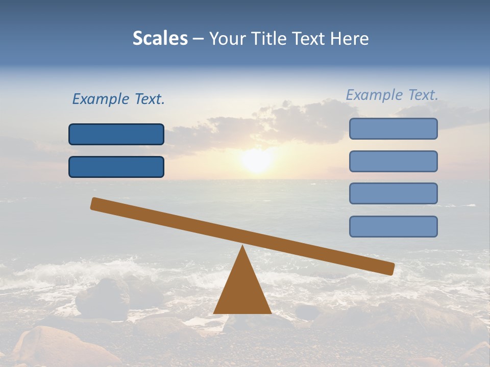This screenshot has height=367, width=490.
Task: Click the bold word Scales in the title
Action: tap(160, 38)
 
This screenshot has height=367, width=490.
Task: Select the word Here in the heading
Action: tap(350, 38)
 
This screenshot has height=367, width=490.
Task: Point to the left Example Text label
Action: tap(118, 99)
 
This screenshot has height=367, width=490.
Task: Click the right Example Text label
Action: tap(392, 95)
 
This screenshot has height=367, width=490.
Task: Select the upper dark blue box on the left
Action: tap(116, 134)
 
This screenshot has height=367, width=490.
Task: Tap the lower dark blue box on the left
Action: tap(116, 167)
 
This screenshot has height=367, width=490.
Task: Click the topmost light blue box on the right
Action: tap(394, 128)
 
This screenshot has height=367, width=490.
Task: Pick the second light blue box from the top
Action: tap(394, 161)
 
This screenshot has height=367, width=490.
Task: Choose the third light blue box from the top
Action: tap(394, 194)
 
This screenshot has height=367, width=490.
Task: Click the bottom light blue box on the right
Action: tap(394, 226)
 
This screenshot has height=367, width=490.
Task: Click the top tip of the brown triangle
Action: tap(242, 247)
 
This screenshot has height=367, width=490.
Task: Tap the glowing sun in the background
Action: tap(257, 160)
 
